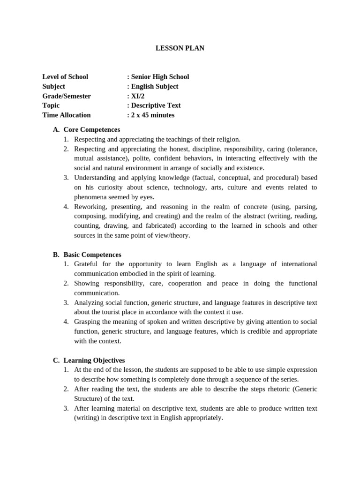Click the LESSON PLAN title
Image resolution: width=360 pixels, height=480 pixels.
(x=180, y=48)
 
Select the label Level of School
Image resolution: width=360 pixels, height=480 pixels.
(x=65, y=77)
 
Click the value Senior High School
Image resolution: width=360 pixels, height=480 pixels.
(x=160, y=77)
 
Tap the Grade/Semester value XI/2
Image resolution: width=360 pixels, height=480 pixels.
(x=138, y=96)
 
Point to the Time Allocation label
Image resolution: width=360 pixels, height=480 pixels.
(x=67, y=115)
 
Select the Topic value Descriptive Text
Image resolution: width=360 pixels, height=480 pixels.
(x=156, y=105)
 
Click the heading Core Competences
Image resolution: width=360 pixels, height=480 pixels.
(x=92, y=130)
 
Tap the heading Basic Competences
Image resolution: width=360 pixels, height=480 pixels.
(x=92, y=255)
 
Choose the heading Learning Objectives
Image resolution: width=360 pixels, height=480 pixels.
(x=94, y=360)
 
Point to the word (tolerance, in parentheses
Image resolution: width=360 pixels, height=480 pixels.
(x=301, y=149)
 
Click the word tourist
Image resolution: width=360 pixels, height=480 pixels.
(x=102, y=312)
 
